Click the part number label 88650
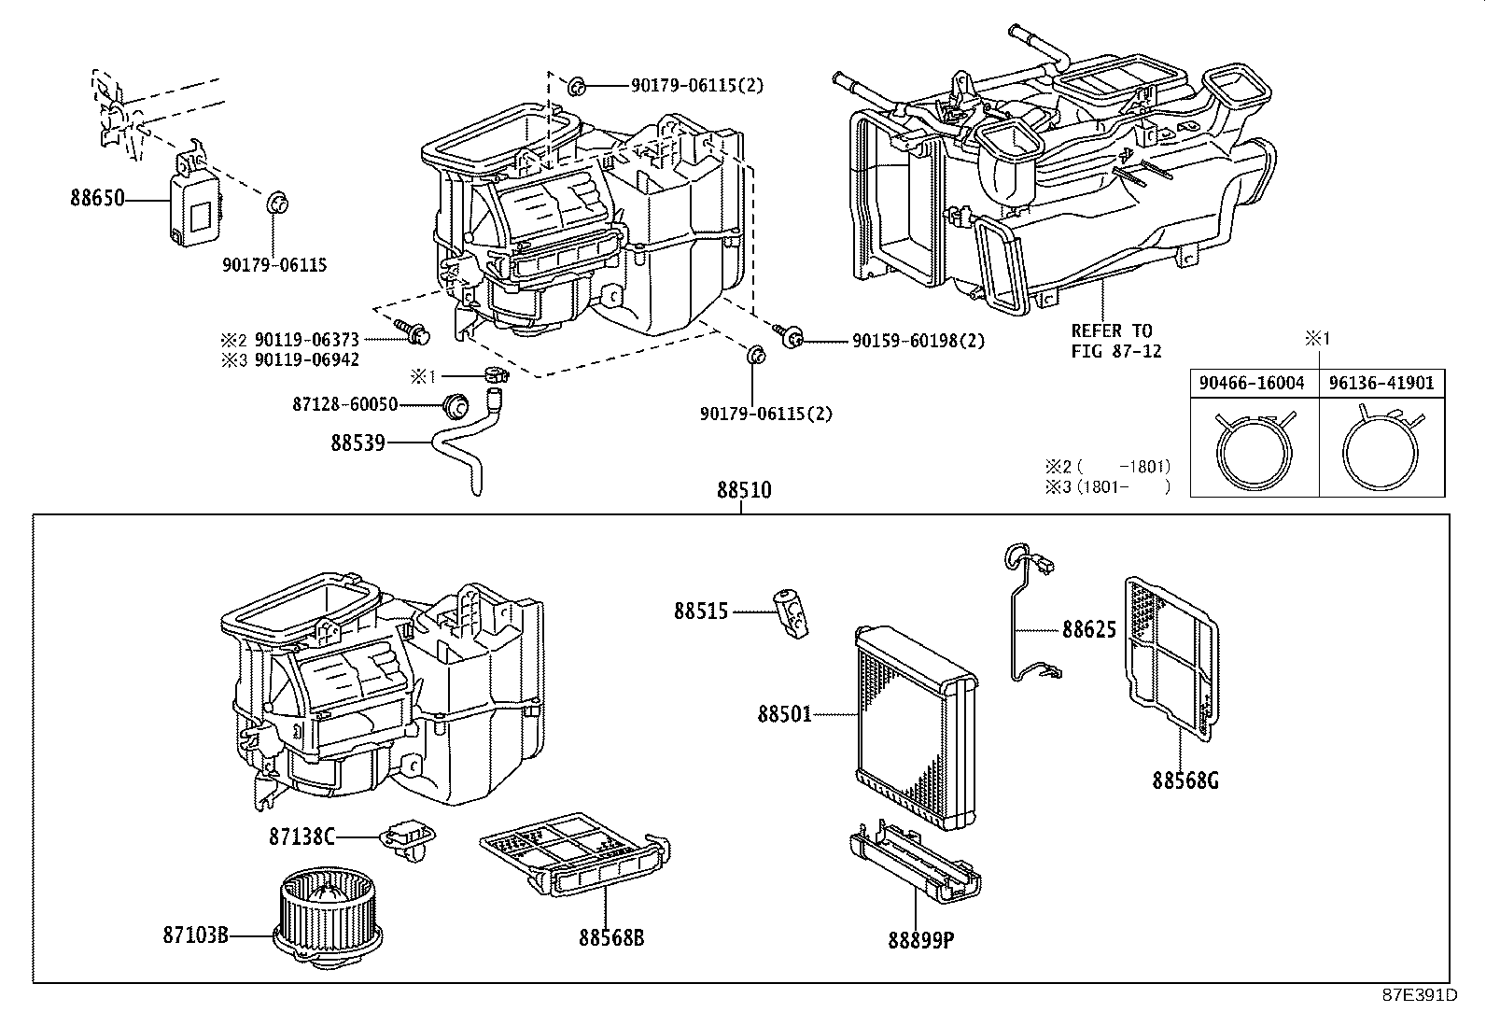[96, 199]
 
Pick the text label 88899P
[920, 939]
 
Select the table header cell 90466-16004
[1253, 383]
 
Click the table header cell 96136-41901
[1382, 383]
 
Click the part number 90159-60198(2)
[918, 342]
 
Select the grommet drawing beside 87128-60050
[455, 406]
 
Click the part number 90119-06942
[306, 359]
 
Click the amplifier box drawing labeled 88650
[194, 204]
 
